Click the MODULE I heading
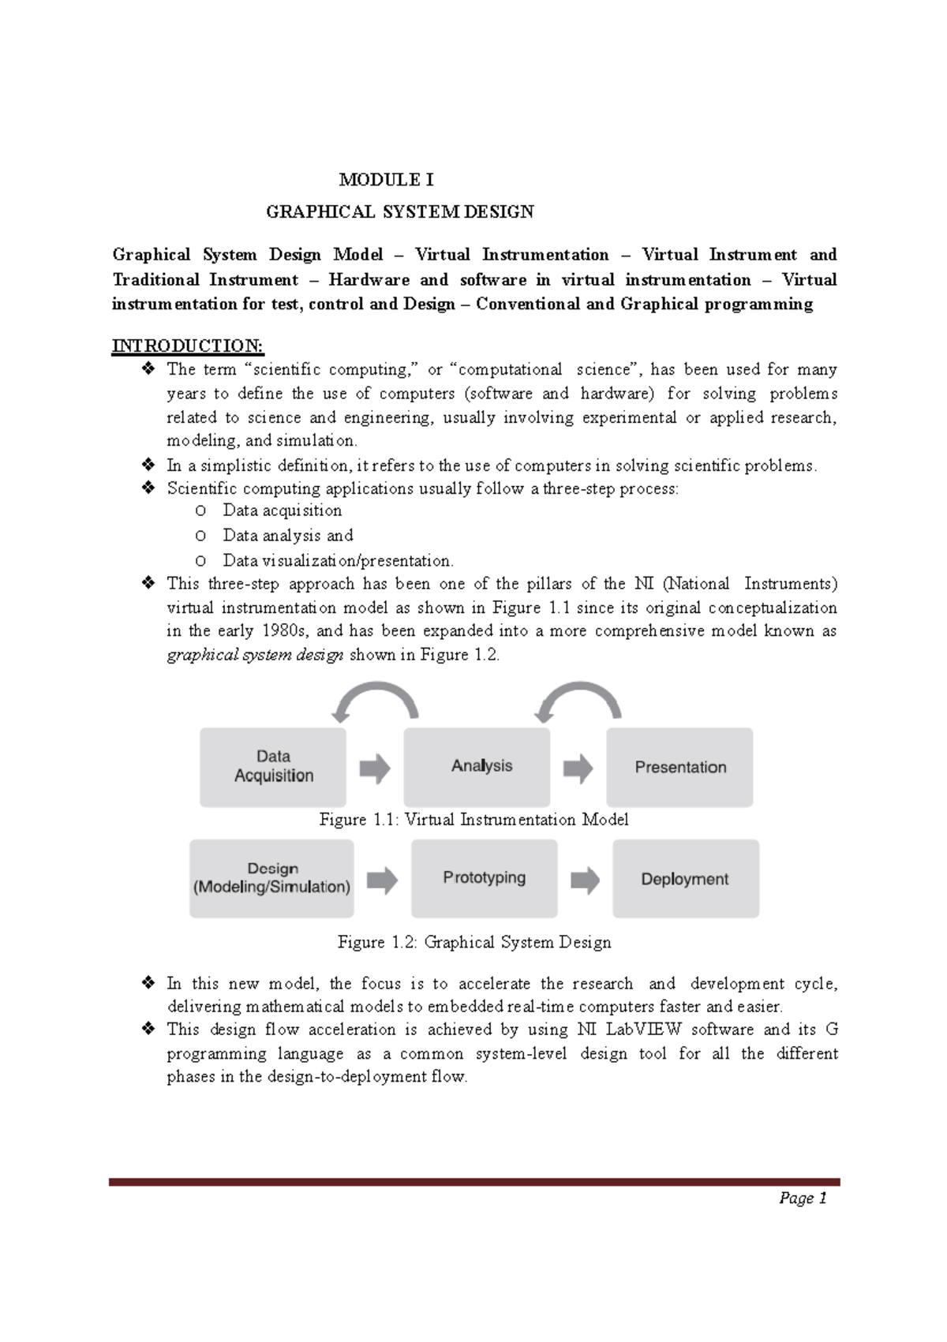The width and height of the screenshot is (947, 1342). pos(386,180)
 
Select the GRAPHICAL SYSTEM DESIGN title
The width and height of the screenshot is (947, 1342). pos(399,211)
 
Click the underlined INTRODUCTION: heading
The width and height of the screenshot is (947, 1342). pos(188,346)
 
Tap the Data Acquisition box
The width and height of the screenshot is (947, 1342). pos(273,767)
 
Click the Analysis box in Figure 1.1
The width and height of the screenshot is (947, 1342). pos(477,767)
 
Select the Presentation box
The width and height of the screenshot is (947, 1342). pos(679,767)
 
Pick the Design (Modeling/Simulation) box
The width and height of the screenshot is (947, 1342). pos(271,878)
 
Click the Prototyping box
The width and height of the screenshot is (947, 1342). pos(484,878)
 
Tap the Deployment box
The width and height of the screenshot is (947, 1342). pos(685,878)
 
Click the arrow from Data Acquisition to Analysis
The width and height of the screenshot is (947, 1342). pos(375,768)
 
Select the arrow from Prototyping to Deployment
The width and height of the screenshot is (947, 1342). pos(585,880)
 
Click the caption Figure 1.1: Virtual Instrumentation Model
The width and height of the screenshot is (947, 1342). pos(473,820)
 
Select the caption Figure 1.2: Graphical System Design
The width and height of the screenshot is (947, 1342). pos(473,942)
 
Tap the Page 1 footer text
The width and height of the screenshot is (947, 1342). pos(802,1198)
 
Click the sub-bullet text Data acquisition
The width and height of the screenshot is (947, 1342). pos(282,510)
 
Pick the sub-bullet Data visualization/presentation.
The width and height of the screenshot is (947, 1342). pos(338,561)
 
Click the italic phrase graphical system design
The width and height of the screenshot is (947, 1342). pos(255,655)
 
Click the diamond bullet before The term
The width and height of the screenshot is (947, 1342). pos(148,369)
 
